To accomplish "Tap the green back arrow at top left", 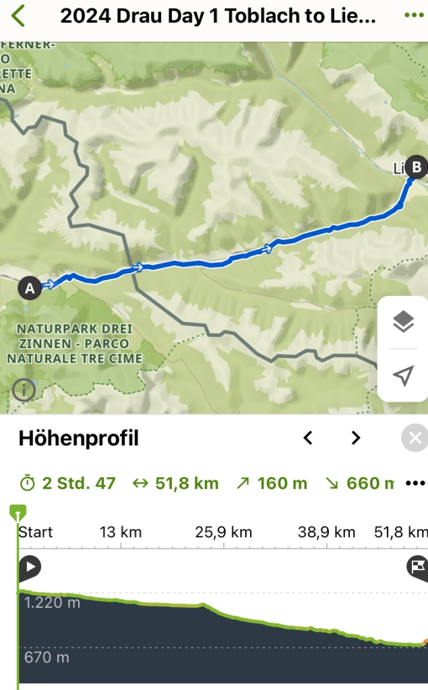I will pos(18,15).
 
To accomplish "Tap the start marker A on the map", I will pos(29,288).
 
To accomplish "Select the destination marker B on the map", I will pos(417,166).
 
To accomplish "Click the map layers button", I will pos(403,322).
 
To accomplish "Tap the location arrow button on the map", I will pos(403,376).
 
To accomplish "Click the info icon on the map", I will pos(24,389).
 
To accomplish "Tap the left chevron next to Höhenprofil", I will pos(308,439).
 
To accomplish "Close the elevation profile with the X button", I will pos(415,439).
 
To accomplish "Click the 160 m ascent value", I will pos(272,483).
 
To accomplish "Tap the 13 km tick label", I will pos(121,532).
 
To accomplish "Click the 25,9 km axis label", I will pos(223,532).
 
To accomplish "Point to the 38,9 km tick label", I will pos(326,532).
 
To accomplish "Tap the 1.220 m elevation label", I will pos(52,602).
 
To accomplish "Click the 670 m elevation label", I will pos(47,657).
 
